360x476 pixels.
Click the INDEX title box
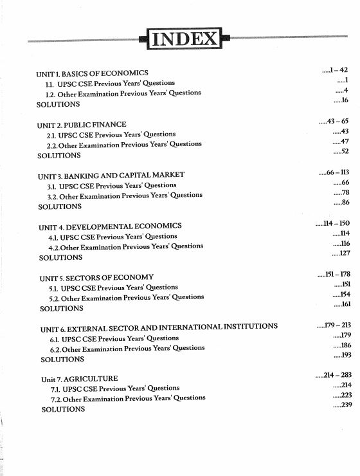[184, 39]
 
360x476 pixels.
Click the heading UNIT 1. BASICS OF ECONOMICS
[92, 73]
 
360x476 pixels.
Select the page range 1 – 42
[338, 69]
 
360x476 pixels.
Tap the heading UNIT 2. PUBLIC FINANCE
[82, 124]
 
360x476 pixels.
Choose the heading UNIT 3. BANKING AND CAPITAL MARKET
[111, 175]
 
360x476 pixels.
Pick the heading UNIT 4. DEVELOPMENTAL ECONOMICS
[111, 226]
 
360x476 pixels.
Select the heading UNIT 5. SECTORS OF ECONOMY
[97, 277]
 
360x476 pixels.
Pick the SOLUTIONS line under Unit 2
[59, 155]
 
